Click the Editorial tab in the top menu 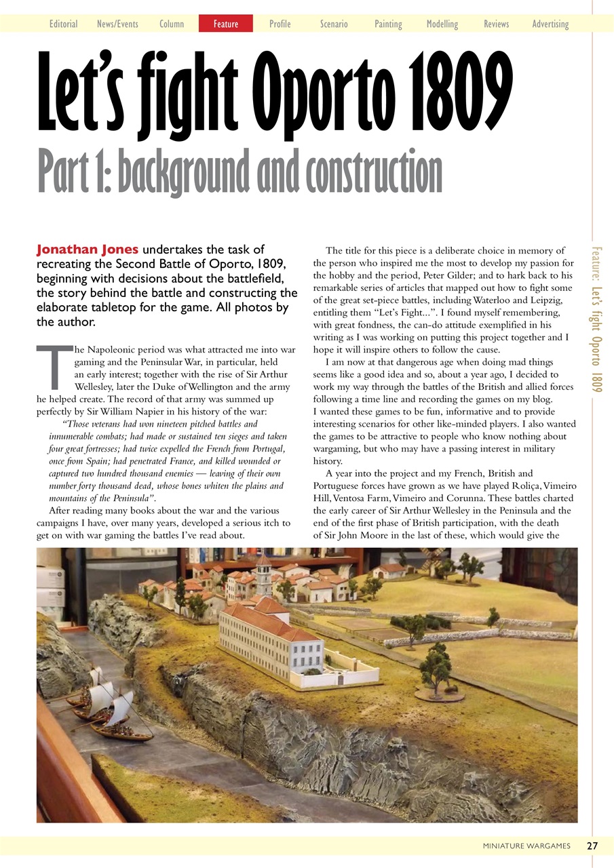63,24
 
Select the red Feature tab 226,24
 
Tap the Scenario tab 334,24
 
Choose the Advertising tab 550,24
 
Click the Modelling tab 442,24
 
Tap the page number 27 592,846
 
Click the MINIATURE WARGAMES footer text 526,846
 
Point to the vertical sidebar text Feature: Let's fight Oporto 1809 596,319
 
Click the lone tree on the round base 436,668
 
